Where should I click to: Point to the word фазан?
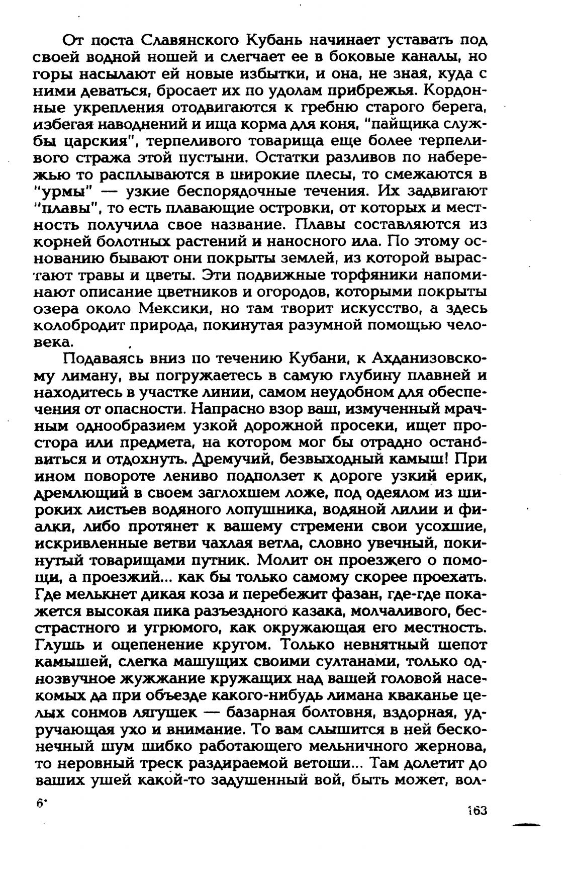(x=354, y=594)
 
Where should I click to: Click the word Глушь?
(x=58, y=645)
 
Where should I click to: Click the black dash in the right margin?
(x=526, y=825)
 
